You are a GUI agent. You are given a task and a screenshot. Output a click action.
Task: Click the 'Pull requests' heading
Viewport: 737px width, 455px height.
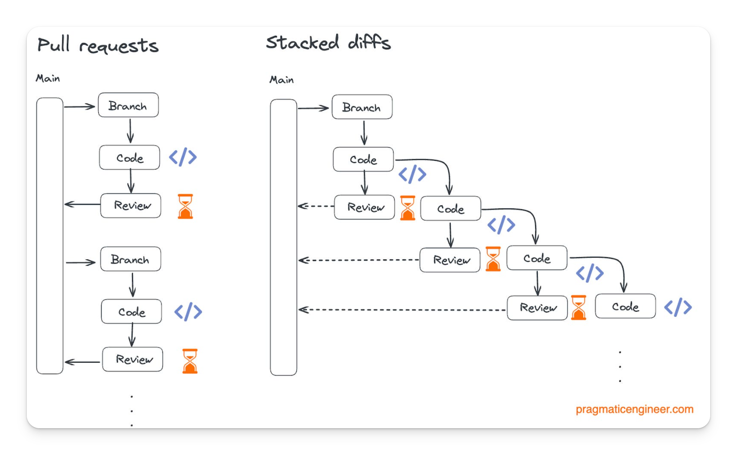click(x=98, y=45)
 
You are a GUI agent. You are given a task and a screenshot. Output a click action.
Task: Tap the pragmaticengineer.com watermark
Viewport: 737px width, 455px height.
click(x=634, y=409)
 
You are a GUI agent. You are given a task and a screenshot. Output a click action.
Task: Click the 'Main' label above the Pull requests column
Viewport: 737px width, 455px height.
click(x=48, y=79)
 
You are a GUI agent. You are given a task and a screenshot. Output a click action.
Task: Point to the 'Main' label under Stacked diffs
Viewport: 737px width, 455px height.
click(x=281, y=80)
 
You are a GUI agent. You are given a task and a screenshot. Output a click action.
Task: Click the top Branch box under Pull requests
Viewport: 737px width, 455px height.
click(x=128, y=105)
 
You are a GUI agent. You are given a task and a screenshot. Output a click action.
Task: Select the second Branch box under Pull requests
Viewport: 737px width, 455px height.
click(x=131, y=259)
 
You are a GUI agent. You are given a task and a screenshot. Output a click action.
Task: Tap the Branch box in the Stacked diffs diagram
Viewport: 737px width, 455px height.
click(x=362, y=107)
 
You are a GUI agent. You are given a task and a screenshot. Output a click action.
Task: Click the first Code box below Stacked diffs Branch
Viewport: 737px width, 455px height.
click(x=363, y=159)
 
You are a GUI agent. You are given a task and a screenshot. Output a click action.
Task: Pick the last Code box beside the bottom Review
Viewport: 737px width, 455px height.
click(x=625, y=306)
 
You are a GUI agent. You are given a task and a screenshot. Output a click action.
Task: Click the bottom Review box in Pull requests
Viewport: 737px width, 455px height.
click(x=132, y=359)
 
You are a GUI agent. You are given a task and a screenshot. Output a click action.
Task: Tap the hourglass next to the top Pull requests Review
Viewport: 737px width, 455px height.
click(x=185, y=206)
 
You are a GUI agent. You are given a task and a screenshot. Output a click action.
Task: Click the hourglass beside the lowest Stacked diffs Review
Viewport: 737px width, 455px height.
click(x=578, y=308)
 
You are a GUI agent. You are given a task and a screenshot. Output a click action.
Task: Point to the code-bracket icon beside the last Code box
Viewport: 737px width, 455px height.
click(x=678, y=307)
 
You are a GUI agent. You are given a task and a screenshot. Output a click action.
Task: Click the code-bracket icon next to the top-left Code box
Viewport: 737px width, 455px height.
click(x=183, y=157)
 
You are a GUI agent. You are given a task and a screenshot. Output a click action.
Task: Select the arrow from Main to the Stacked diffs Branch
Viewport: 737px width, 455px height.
click(x=313, y=108)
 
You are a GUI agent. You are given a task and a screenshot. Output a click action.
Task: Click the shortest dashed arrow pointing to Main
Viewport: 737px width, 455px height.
click(x=315, y=206)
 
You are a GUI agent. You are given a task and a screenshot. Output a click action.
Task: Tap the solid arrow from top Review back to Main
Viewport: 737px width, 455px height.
click(x=82, y=205)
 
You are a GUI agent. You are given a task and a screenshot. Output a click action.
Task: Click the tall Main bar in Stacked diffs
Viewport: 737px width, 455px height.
click(x=283, y=238)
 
